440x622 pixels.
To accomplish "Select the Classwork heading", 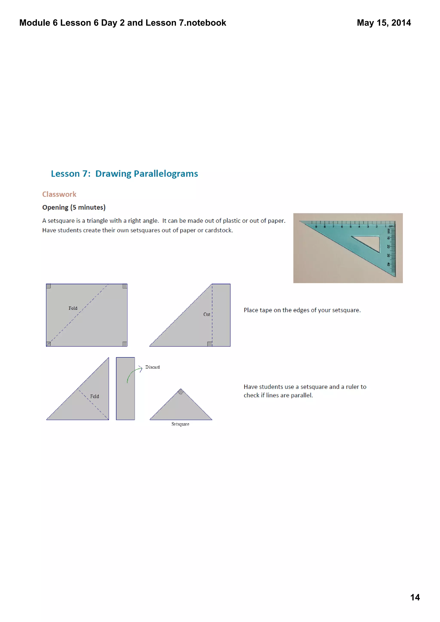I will click(x=59, y=194).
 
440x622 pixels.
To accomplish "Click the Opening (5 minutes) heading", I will click(x=74, y=207).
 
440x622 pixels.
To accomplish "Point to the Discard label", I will click(x=152, y=367).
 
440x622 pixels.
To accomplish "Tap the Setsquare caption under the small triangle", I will click(x=180, y=424).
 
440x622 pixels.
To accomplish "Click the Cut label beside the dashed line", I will click(x=207, y=314).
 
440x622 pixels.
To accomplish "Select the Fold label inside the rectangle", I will click(x=73, y=308).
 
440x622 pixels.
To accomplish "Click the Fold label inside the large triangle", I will click(x=94, y=396).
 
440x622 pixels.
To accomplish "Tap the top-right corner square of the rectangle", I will click(x=125, y=286).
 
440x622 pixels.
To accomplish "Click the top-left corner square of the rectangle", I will click(x=49, y=286).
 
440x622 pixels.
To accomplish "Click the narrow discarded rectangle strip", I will click(x=125, y=388).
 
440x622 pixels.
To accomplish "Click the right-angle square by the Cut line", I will click(x=209, y=344).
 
